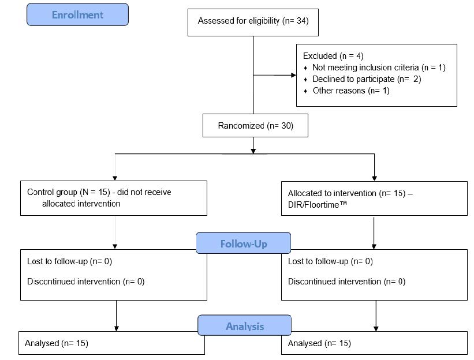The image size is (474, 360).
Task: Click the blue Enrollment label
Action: pyautogui.click(x=78, y=14)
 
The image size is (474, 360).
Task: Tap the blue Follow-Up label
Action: pyautogui.click(x=244, y=243)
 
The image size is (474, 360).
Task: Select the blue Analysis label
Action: pyautogui.click(x=245, y=325)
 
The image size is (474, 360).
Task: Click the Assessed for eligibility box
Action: pyautogui.click(x=253, y=22)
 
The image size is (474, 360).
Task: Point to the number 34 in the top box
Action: pyautogui.click(x=302, y=21)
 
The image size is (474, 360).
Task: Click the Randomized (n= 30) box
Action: pyautogui.click(x=255, y=126)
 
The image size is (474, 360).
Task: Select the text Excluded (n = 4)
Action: pyautogui.click(x=333, y=56)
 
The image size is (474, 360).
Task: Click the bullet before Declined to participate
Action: pyautogui.click(x=305, y=80)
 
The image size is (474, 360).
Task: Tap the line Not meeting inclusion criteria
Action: pyautogui.click(x=379, y=67)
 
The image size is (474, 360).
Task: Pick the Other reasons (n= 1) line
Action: pyautogui.click(x=351, y=91)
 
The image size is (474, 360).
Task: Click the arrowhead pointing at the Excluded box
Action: pyautogui.click(x=293, y=75)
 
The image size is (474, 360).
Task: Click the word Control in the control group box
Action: pyautogui.click(x=40, y=192)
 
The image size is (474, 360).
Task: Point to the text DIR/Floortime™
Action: pyautogui.click(x=318, y=205)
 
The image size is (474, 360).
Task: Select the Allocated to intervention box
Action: pyautogui.click(x=374, y=198)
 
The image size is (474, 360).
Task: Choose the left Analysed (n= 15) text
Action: pyautogui.click(x=57, y=343)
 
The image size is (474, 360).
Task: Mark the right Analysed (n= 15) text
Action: pyautogui.click(x=319, y=343)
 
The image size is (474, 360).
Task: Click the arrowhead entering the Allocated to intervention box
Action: pyautogui.click(x=375, y=178)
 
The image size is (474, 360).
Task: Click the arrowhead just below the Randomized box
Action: pyautogui.click(x=253, y=151)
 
